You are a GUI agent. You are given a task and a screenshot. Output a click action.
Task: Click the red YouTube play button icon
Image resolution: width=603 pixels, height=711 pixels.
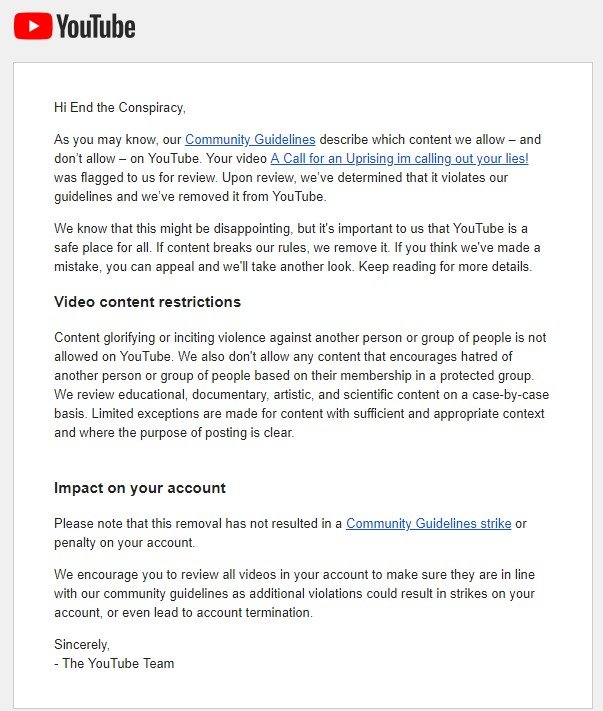(33, 25)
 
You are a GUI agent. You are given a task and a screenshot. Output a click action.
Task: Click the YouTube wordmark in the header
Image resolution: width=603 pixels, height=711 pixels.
(96, 26)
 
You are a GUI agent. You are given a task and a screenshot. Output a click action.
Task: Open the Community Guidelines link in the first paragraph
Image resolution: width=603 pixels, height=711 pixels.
(250, 140)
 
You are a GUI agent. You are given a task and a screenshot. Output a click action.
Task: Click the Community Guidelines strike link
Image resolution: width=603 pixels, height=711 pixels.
(429, 523)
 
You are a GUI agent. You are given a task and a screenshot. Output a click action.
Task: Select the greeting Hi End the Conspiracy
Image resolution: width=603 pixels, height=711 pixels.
(120, 107)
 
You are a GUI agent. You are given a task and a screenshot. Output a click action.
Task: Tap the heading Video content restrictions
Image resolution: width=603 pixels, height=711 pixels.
(147, 302)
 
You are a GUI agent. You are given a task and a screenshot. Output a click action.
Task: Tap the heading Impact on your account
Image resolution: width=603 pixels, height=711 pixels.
(140, 488)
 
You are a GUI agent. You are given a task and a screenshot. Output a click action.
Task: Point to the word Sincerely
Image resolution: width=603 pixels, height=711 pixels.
(82, 644)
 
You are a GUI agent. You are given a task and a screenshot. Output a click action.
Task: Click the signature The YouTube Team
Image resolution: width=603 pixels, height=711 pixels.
(118, 663)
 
